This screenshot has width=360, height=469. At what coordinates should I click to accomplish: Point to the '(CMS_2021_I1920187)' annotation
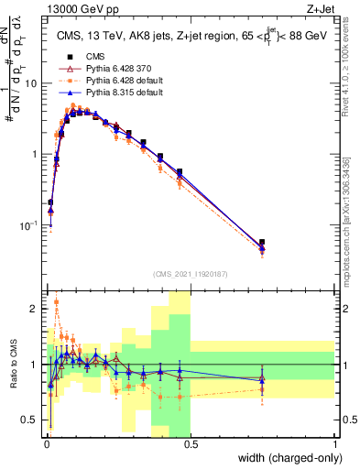[191, 274]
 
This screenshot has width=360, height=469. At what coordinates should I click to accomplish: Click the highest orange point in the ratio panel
[57, 301]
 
